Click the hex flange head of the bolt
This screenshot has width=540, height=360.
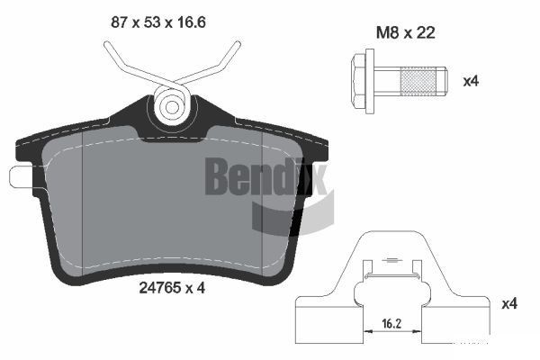tap(362, 78)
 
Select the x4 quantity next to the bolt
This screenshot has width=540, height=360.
tap(471, 80)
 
